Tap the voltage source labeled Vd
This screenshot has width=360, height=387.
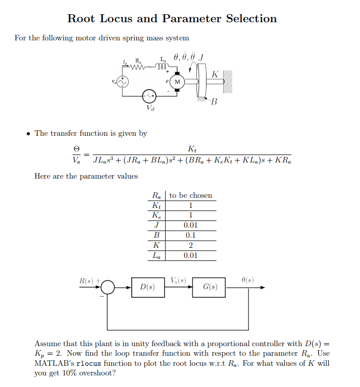pyautogui.click(x=149, y=95)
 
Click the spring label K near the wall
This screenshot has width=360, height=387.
pyautogui.click(x=215, y=74)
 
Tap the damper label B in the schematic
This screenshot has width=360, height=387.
pyautogui.click(x=214, y=102)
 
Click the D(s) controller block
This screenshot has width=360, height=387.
pyautogui.click(x=147, y=287)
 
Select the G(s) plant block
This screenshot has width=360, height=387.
pyautogui.click(x=209, y=287)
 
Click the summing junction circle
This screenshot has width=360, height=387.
pyautogui.click(x=108, y=288)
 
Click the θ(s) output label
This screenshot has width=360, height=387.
pyautogui.click(x=247, y=280)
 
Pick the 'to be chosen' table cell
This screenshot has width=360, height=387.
pyautogui.click(x=190, y=195)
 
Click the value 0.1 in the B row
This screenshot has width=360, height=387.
pyautogui.click(x=190, y=235)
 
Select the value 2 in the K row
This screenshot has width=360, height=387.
pyautogui.click(x=190, y=245)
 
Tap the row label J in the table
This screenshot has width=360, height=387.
pyautogui.click(x=157, y=225)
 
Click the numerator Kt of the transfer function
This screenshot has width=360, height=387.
pyautogui.click(x=192, y=149)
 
